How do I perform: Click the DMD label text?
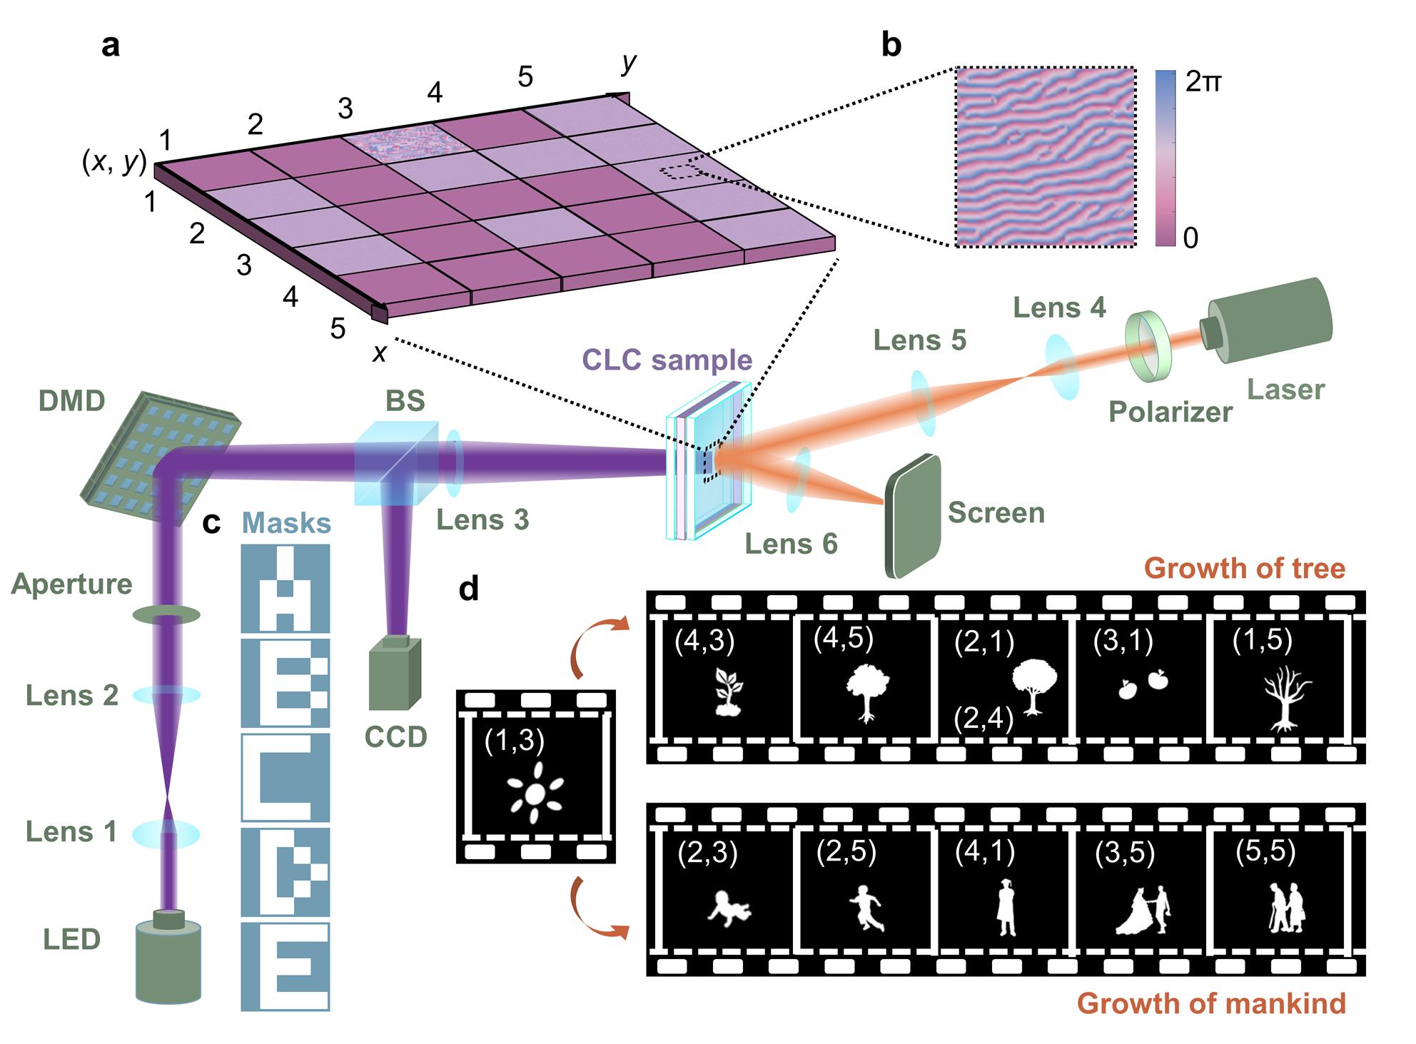71,401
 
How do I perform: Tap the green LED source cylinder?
168,960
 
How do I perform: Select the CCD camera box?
395,671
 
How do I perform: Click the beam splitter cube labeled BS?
396,463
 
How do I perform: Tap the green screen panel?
913,515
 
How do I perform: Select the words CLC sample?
667,360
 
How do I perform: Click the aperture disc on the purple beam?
166,614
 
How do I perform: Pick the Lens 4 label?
1059,308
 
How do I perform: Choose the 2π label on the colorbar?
1203,83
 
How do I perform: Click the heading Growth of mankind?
1211,1003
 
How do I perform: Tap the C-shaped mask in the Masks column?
285,778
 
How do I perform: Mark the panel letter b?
891,45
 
